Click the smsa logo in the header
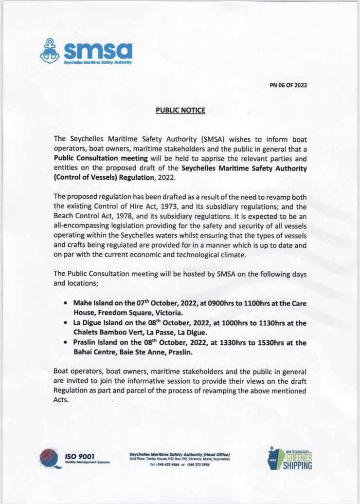[x=86, y=51]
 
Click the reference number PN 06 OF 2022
[x=288, y=85]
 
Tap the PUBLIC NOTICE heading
[x=180, y=111]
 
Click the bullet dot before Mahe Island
[x=65, y=303]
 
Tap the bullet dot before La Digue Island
[x=65, y=323]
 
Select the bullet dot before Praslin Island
[x=65, y=343]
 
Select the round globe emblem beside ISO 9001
[x=50, y=458]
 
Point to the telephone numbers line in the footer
[x=180, y=465]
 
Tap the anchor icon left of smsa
[x=50, y=51]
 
